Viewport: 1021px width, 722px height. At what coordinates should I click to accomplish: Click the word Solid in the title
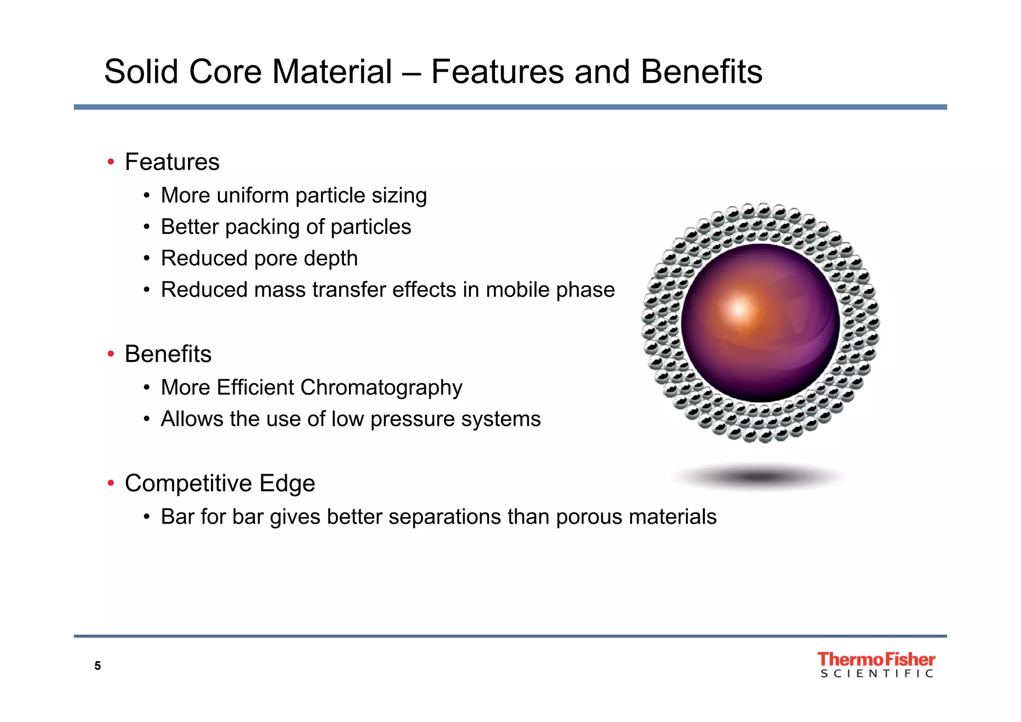coord(141,71)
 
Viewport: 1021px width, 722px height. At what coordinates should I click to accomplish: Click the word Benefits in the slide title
coord(701,71)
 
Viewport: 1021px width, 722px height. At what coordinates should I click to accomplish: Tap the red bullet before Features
coord(111,162)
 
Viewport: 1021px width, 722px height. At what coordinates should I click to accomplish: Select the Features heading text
coord(172,162)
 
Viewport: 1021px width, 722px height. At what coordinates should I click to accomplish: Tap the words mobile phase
coord(550,290)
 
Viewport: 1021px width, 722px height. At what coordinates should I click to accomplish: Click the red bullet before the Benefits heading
coord(111,354)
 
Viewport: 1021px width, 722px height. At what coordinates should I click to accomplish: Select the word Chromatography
coord(381,388)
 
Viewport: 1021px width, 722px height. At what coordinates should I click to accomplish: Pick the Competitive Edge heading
coord(220,483)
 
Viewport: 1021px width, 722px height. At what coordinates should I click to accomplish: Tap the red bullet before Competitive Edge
coord(111,483)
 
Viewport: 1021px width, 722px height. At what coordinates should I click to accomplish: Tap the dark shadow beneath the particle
coord(759,477)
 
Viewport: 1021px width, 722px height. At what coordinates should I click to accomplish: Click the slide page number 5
coord(98,666)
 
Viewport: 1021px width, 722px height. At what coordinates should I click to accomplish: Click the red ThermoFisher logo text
coord(876,659)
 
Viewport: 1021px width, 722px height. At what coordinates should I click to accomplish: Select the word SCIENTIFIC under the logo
coord(876,674)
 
